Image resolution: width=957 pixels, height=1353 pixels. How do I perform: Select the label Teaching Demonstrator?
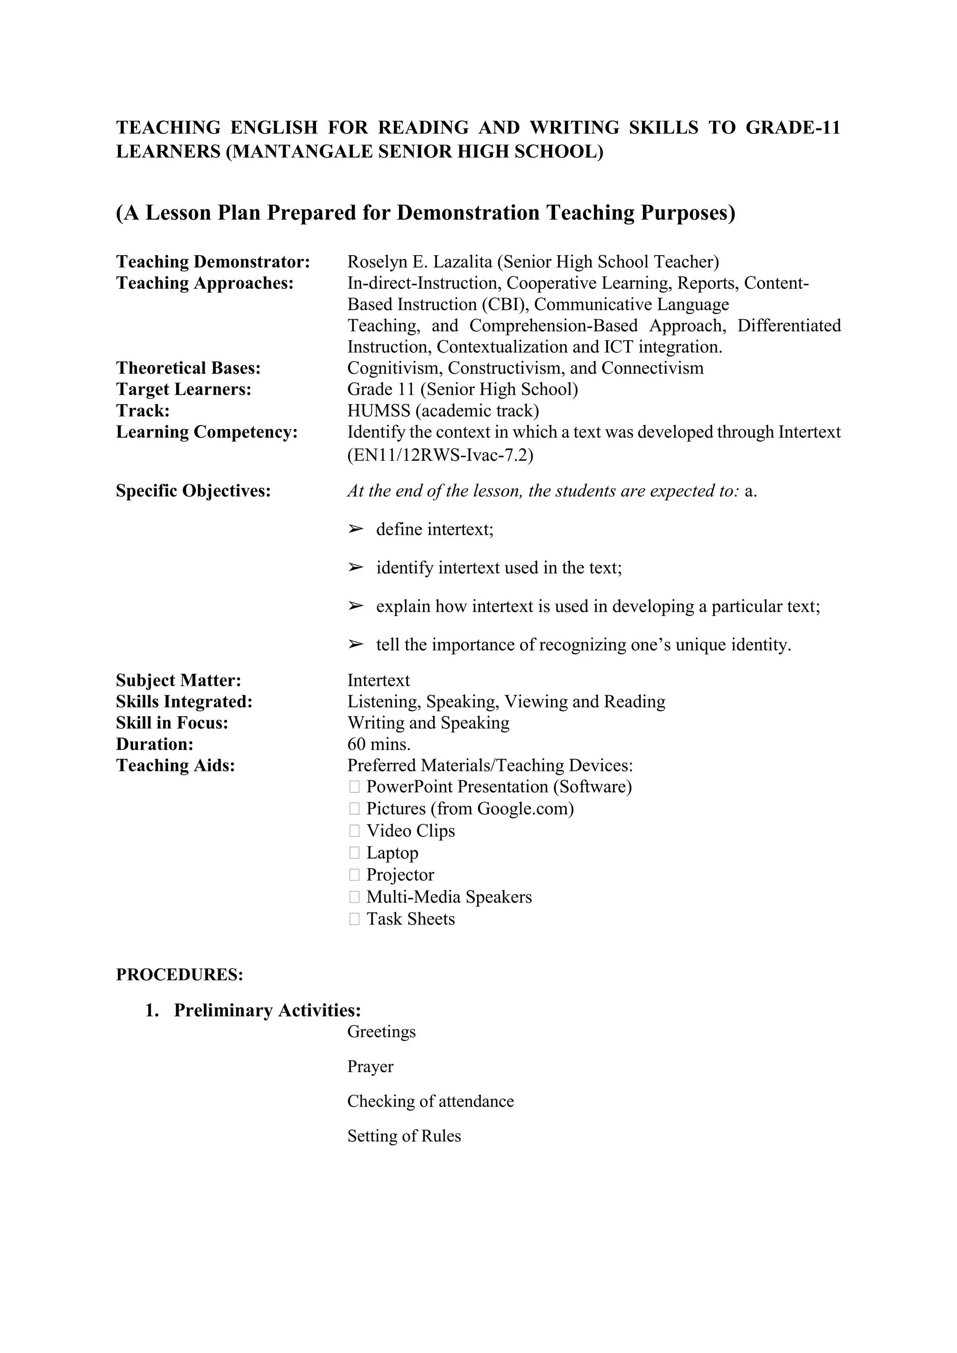(x=213, y=262)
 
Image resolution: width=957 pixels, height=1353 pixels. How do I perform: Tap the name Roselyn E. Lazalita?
(x=420, y=262)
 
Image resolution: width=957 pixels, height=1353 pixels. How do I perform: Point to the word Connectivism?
(x=652, y=368)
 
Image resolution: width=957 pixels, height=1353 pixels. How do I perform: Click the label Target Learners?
(x=183, y=390)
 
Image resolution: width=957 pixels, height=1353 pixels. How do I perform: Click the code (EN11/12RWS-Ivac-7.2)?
(x=440, y=456)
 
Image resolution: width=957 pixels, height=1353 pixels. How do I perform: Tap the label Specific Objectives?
(x=193, y=491)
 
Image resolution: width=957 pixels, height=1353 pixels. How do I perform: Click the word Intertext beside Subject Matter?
(x=379, y=681)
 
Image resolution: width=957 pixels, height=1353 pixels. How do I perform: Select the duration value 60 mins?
(x=379, y=744)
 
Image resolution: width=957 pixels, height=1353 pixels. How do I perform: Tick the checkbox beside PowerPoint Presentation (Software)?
(x=354, y=787)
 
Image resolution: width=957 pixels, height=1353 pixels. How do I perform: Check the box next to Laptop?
(x=354, y=853)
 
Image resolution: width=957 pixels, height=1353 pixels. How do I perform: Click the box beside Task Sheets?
(x=354, y=919)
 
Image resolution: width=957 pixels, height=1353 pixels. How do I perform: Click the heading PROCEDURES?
(x=179, y=975)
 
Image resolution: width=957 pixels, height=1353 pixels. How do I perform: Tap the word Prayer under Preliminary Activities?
(x=370, y=1067)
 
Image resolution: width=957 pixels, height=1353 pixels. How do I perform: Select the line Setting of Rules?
(x=404, y=1136)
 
